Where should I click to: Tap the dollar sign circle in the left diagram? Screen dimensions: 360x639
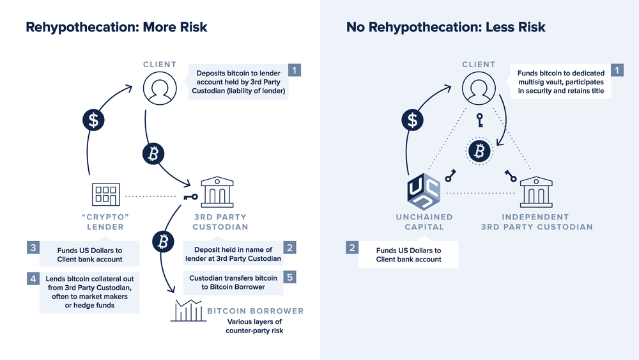93,120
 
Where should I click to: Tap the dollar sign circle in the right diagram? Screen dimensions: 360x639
413,120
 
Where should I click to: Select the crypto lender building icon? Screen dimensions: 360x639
105,195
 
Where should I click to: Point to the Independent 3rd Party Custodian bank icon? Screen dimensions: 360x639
536,191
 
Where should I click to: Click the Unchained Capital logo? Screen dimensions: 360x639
424,192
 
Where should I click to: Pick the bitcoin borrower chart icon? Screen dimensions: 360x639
186,311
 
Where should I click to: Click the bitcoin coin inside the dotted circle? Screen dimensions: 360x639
479,150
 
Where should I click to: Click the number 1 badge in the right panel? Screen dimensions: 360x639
617,70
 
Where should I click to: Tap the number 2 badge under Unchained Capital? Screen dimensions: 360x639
352,247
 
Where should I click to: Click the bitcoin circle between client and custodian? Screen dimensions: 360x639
154,154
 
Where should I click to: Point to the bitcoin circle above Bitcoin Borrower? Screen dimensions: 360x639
162,241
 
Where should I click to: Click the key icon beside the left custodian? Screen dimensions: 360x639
190,197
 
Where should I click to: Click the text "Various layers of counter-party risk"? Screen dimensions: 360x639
254,326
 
